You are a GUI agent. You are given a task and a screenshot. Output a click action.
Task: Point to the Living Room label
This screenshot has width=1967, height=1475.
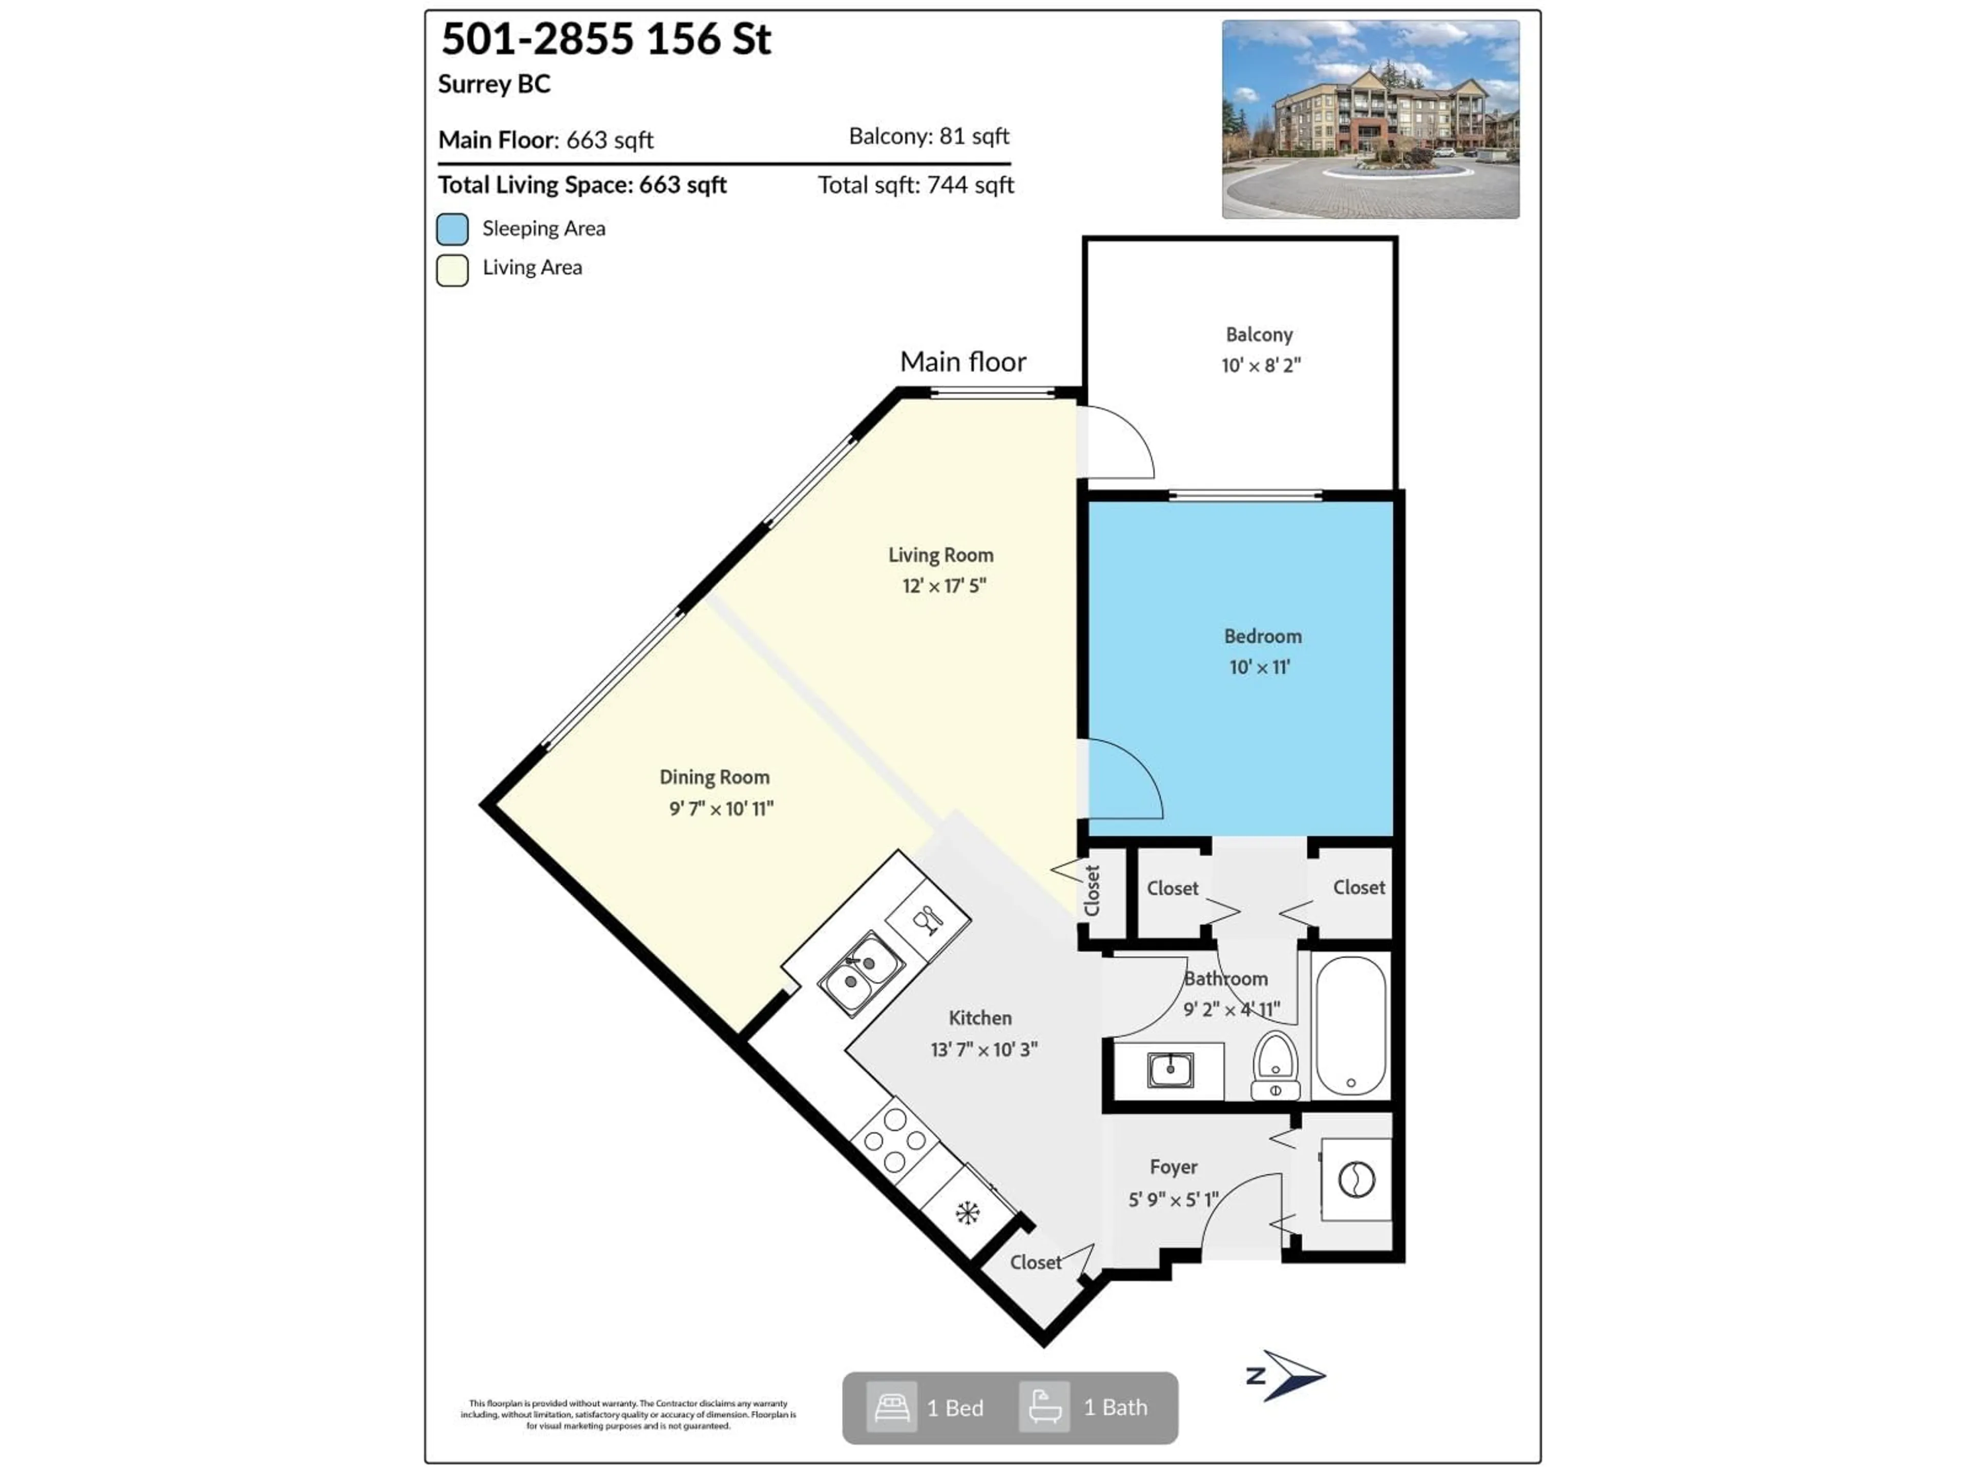941,555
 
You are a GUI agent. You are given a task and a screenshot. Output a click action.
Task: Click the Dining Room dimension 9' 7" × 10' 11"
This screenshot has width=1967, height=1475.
721,808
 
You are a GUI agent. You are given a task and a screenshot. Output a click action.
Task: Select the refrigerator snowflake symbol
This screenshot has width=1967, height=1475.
968,1213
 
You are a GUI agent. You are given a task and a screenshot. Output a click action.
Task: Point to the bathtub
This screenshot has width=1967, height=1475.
1350,1026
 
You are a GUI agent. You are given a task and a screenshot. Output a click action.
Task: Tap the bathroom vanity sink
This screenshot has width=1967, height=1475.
1170,1069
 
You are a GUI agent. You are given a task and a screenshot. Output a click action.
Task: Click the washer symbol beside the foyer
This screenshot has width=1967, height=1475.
1356,1180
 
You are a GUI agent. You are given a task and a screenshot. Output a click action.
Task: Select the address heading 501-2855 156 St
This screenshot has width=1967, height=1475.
606,39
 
